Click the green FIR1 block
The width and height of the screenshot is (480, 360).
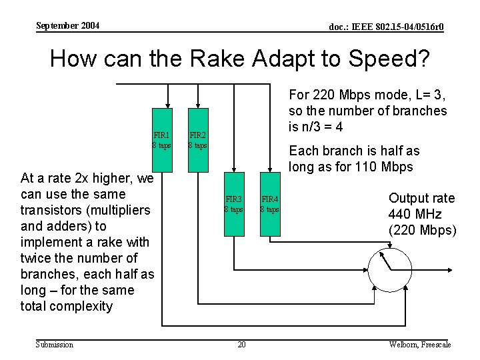(x=162, y=139)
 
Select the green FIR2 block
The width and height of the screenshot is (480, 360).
(x=198, y=139)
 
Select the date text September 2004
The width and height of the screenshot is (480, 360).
(x=67, y=26)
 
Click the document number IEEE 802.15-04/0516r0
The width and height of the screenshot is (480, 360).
(x=387, y=27)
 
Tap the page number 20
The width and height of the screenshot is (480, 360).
(x=241, y=344)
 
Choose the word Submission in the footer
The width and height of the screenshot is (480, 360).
(x=55, y=344)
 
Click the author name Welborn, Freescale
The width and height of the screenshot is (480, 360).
(x=420, y=344)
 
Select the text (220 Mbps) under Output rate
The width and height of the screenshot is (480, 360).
(x=422, y=231)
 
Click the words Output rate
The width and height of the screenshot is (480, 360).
(x=421, y=199)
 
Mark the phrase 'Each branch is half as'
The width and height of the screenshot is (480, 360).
(x=354, y=151)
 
